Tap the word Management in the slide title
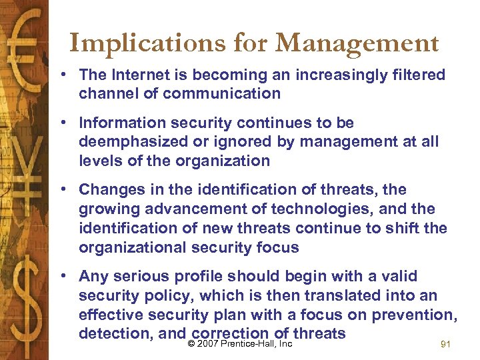click(356, 44)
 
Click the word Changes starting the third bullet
click(110, 190)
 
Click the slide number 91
click(447, 345)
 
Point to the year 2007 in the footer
click(207, 345)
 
